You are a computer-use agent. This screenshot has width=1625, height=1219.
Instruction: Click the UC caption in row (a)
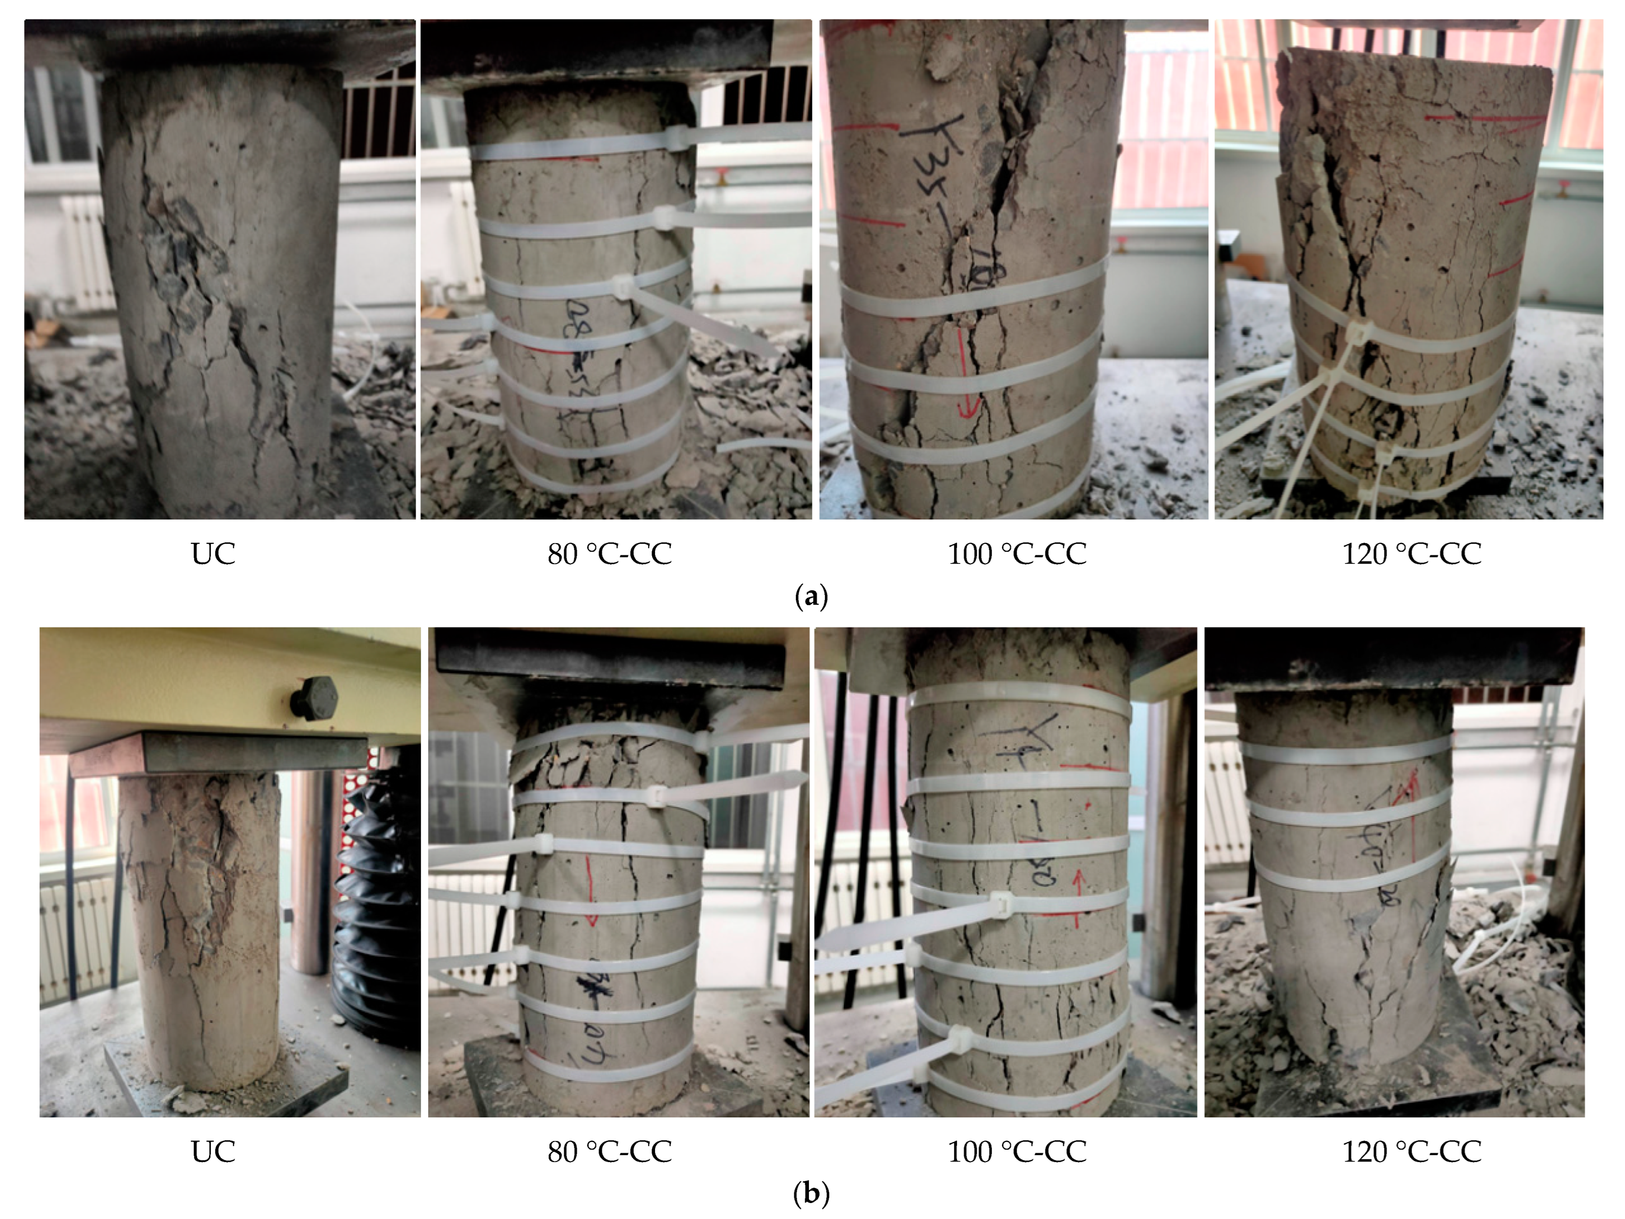coord(213,553)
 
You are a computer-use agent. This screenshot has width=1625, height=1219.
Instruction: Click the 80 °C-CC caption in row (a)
coord(609,553)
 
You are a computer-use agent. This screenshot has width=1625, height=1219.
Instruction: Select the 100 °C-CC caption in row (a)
coord(1017,553)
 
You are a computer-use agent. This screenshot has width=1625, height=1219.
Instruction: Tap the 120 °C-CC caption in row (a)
coord(1411,553)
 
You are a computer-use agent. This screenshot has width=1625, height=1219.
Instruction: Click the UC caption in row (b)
coord(213,1151)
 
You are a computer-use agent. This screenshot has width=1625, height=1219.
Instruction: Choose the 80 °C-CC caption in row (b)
coord(609,1151)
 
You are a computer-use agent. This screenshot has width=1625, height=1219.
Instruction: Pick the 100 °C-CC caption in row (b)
coord(1017,1151)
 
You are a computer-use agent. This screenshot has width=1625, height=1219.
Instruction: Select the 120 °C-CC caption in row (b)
coord(1411,1151)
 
